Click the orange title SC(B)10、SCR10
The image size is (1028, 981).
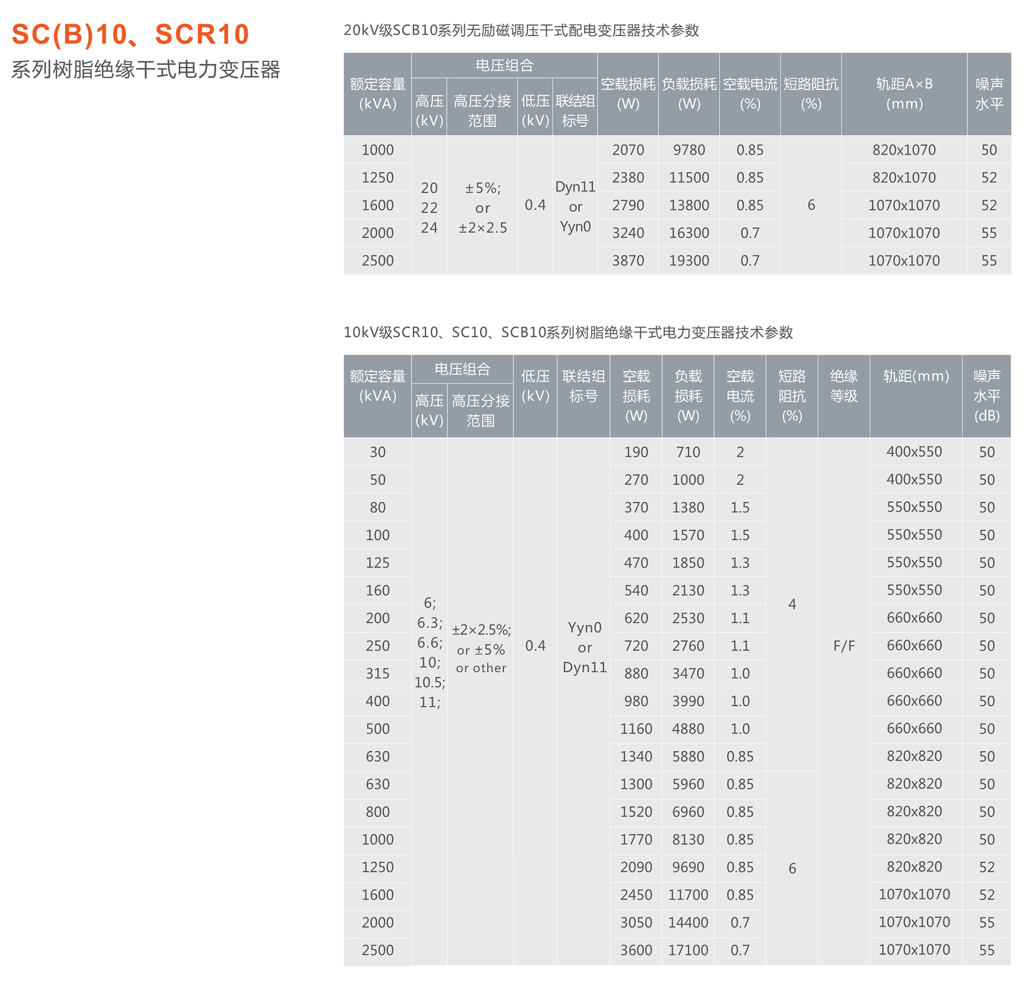130,34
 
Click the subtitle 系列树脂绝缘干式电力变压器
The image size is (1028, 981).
145,69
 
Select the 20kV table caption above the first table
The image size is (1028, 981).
521,30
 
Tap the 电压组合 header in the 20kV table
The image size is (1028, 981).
504,65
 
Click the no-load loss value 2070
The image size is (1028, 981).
628,150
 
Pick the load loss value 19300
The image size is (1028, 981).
689,260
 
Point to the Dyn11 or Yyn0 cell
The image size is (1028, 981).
575,207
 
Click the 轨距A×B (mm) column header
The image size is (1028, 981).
904,94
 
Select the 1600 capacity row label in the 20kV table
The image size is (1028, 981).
377,206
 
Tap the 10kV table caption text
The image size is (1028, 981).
568,332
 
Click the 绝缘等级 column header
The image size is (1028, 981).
843,386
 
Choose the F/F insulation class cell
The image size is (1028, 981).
843,646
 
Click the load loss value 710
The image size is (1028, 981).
688,452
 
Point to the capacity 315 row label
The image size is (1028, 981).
377,674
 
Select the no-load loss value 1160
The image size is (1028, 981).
636,729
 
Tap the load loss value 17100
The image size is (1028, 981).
688,950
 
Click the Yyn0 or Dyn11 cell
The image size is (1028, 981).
584,647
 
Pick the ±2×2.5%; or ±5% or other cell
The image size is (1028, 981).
481,648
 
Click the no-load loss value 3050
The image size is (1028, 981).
636,922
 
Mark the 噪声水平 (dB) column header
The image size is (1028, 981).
986,396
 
